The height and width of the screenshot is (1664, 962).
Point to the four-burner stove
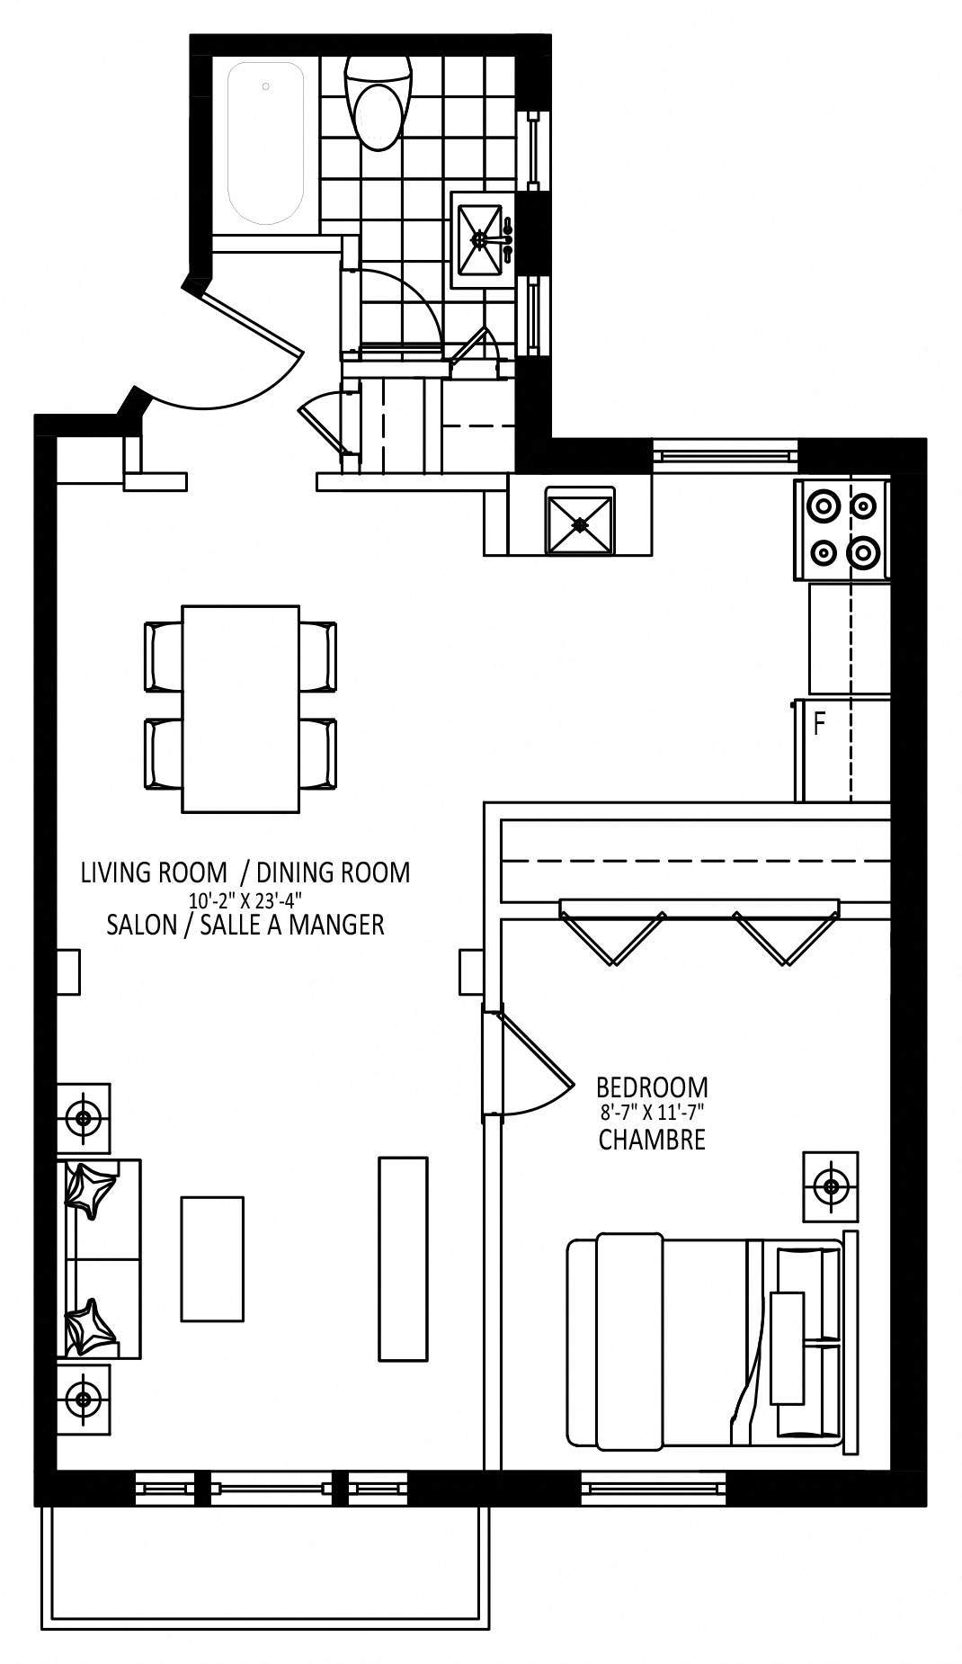pos(842,529)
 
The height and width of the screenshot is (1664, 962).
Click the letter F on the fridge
pos(819,724)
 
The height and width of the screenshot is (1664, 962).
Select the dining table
pos(241,709)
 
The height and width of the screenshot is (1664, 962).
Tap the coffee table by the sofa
pos(212,1258)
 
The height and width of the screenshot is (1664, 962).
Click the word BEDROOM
pos(652,1087)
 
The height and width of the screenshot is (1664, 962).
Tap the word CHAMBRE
pos(652,1141)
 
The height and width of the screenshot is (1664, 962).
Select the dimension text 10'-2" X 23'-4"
pos(245,899)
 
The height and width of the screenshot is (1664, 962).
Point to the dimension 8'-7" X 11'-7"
pos(652,1114)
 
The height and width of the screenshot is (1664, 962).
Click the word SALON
pos(141,925)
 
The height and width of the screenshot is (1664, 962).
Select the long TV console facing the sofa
pos(403,1258)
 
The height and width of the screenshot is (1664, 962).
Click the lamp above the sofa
pos(85,1118)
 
